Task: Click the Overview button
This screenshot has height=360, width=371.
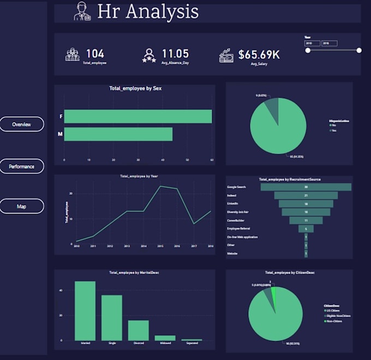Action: (22, 124)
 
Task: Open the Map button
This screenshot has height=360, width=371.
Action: (22, 207)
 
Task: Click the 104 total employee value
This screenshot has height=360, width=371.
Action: (95, 53)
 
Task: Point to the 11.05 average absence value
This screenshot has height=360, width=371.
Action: (175, 53)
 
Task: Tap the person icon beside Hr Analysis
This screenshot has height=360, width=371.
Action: (82, 12)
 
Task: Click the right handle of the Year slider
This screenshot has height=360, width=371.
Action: (359, 50)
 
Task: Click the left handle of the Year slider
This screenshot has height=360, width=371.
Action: (308, 50)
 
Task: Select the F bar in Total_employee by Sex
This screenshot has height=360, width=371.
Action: (137, 117)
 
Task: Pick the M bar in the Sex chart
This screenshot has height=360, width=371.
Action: (118, 134)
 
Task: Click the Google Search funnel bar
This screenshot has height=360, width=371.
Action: (306, 187)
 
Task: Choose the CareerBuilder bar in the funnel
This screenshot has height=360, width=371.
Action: (306, 220)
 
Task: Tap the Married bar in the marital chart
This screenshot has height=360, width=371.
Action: (85, 311)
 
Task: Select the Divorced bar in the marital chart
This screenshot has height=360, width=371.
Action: (139, 331)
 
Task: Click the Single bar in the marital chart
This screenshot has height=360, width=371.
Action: (112, 318)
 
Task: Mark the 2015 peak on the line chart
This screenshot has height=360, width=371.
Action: (160, 187)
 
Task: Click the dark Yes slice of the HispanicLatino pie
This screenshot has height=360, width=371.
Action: (272, 107)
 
